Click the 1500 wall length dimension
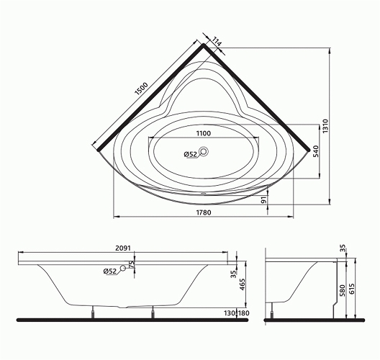click(x=141, y=89)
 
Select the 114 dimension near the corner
click(x=217, y=42)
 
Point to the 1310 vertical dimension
click(x=325, y=125)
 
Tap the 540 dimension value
click(x=316, y=151)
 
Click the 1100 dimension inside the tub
click(x=204, y=133)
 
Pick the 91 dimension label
click(x=263, y=200)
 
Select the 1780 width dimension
click(x=204, y=212)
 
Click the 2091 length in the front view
click(x=123, y=248)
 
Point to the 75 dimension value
click(x=131, y=264)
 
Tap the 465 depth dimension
click(x=242, y=284)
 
